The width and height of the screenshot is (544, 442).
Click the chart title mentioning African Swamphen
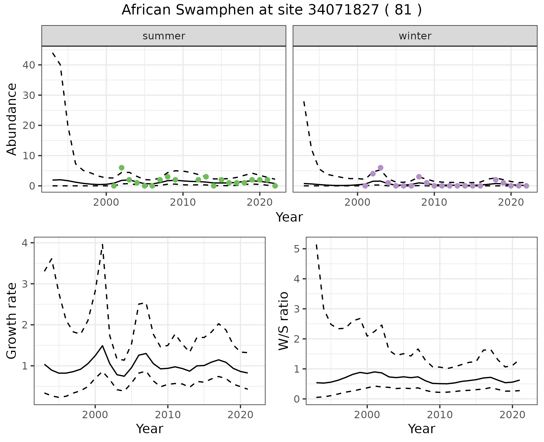pos(272,10)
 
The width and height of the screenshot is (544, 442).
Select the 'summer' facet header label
pos(164,36)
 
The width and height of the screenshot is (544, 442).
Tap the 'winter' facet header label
pos(415,36)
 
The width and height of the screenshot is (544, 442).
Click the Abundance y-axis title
pos(12,119)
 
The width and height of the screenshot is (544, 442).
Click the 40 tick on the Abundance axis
pos(29,65)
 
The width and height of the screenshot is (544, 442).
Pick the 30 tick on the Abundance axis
pos(29,95)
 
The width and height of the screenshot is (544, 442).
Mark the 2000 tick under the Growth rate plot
pos(95,415)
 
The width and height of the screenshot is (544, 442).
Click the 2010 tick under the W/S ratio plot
pos(439,415)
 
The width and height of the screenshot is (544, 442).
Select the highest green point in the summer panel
pos(122,168)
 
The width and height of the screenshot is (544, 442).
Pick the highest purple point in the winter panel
pos(381,168)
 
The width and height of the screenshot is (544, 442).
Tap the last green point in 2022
pos(275,186)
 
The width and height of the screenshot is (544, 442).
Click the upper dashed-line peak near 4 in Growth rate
pos(102,244)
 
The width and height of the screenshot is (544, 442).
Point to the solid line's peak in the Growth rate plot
pos(102,346)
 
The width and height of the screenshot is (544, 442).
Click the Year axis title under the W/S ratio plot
pos(421,429)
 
